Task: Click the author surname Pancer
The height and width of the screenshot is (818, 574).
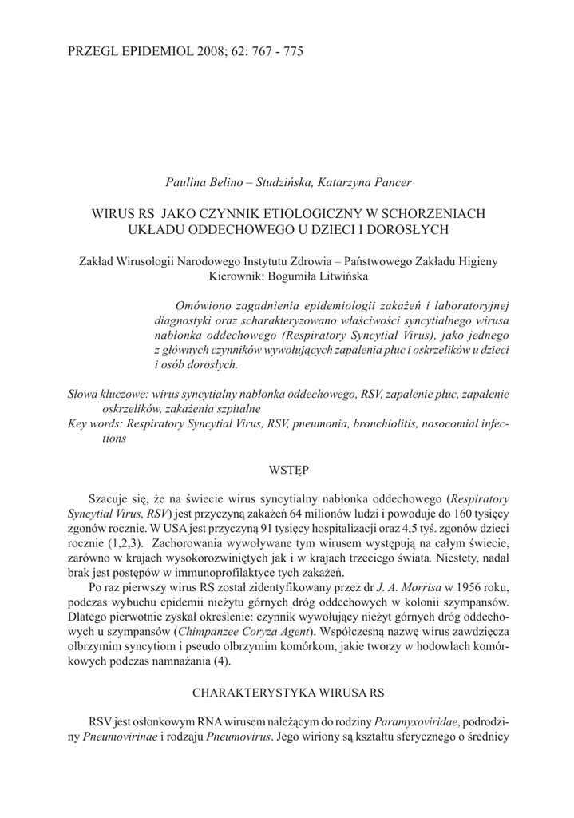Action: (x=388, y=183)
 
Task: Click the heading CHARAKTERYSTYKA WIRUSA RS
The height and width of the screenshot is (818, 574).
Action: (x=287, y=689)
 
